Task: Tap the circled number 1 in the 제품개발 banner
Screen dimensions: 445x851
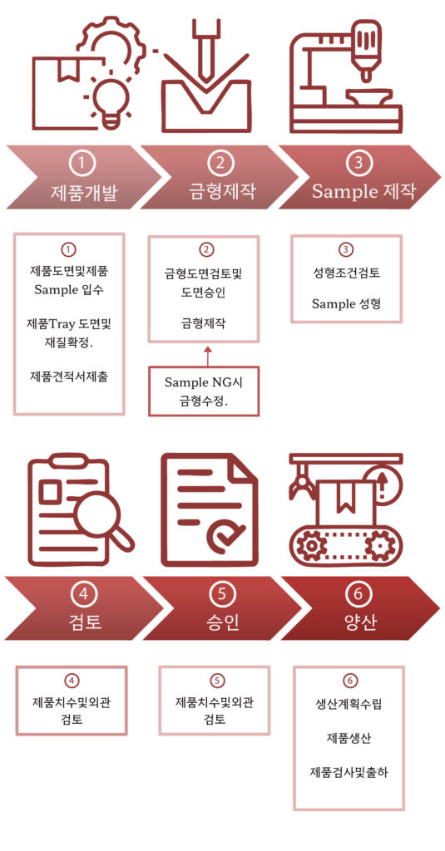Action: point(82,163)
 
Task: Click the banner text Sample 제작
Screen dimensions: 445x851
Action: point(363,191)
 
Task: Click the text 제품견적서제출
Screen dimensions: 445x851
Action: point(69,376)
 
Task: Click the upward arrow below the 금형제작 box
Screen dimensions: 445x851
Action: point(207,356)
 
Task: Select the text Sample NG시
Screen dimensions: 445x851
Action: point(203,382)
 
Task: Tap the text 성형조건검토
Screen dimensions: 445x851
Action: point(346,273)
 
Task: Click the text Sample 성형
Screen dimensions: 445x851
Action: point(346,303)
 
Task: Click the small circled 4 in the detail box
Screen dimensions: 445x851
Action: point(72,681)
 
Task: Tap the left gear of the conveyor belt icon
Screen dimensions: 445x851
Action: point(312,547)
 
